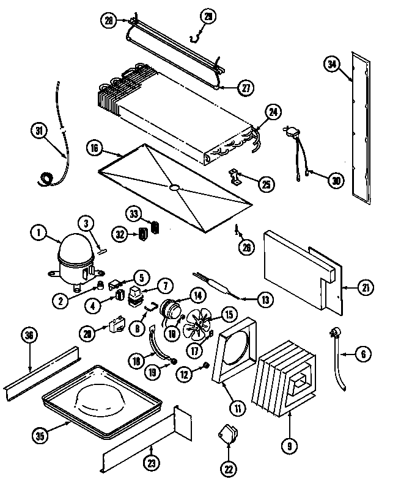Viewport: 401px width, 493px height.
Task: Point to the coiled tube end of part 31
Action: click(45, 179)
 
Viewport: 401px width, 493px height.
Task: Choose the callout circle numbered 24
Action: click(273, 112)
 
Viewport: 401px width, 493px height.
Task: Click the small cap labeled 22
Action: click(226, 434)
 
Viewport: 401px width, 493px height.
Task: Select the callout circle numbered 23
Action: click(150, 463)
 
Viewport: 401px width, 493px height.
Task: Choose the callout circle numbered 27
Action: click(246, 88)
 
